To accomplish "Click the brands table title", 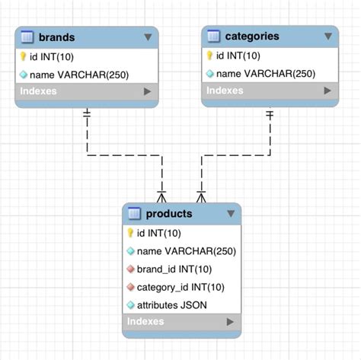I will click(57, 37).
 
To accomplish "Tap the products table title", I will click(169, 213).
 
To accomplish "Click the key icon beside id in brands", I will click(23, 56).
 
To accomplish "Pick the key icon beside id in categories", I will click(209, 56).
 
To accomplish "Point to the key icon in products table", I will click(130, 233).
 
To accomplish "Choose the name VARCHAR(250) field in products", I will click(187, 251).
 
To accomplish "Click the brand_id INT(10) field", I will click(174, 269).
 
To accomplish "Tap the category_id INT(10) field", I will click(180, 287).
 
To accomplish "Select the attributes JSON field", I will click(171, 304).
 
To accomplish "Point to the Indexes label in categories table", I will click(224, 91).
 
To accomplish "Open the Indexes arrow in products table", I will click(230, 322).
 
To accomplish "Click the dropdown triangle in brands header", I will click(148, 37).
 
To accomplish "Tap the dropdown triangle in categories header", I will click(327, 36).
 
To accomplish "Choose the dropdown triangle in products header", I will click(231, 214).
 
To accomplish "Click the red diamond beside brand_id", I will click(130, 269).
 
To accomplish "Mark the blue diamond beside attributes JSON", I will click(130, 304).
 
